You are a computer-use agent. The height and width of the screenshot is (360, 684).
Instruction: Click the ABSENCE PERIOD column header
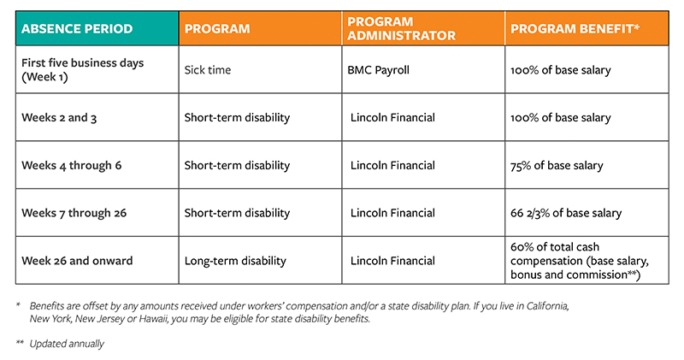tap(77, 28)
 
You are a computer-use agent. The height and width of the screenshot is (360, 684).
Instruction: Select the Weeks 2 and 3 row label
tap(59, 117)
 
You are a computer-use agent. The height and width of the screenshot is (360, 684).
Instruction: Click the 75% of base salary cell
tap(557, 165)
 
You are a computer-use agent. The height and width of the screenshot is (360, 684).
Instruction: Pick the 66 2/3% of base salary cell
tap(564, 212)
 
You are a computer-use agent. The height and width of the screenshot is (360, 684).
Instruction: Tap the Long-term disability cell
tap(235, 260)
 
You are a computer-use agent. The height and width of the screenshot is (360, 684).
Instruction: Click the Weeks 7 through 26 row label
tap(74, 212)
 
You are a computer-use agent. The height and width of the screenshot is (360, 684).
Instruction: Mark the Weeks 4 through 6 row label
tap(71, 165)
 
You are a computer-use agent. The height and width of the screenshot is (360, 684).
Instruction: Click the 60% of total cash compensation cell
tap(578, 260)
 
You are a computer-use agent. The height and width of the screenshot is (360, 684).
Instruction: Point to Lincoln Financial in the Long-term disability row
tap(394, 260)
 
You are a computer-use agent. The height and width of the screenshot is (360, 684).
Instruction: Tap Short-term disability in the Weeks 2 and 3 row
tap(237, 117)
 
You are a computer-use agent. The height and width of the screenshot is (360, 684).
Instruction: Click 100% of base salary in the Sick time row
tap(560, 70)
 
